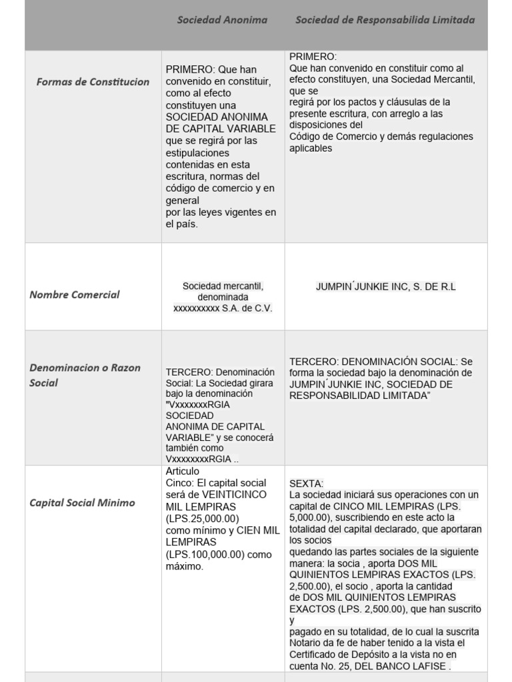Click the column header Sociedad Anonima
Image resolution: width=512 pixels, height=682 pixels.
[222, 20]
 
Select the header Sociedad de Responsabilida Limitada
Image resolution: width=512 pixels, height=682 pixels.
[385, 20]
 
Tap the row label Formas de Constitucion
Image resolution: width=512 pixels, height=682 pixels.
[93, 82]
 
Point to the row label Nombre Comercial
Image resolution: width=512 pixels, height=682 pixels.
[75, 294]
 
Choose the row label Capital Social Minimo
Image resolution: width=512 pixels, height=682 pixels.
[82, 503]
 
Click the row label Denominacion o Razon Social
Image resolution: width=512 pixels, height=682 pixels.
[83, 375]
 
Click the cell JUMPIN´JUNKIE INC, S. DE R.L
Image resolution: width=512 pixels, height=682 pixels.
[386, 286]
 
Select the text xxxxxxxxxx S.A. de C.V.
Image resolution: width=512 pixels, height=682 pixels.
[223, 308]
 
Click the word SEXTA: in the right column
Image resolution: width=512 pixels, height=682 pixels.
[307, 483]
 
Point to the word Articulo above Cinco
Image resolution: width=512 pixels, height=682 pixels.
[183, 471]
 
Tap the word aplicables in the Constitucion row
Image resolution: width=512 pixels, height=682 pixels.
[311, 149]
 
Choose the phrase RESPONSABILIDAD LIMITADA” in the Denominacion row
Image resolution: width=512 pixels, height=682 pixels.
[360, 396]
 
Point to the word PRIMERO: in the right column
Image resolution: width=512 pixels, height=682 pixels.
[313, 57]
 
